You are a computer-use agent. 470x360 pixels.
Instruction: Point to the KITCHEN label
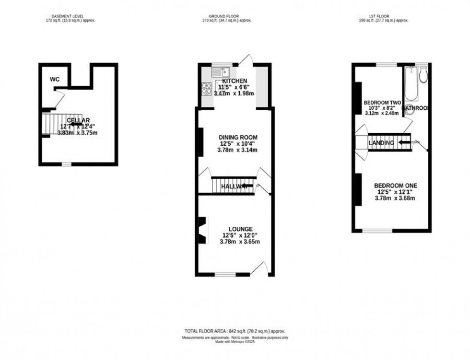[x=235, y=81]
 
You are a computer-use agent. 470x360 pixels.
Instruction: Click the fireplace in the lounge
[x=203, y=230]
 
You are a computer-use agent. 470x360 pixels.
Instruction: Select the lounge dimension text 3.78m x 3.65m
[x=239, y=242]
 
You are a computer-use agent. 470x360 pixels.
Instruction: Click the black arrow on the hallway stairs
[x=247, y=186]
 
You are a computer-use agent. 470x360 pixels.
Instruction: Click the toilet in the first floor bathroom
[x=423, y=76]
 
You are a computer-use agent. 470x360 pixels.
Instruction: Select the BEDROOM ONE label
[x=395, y=186]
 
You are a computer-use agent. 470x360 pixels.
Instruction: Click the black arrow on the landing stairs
[x=404, y=142]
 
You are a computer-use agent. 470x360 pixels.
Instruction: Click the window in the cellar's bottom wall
[x=66, y=164]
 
